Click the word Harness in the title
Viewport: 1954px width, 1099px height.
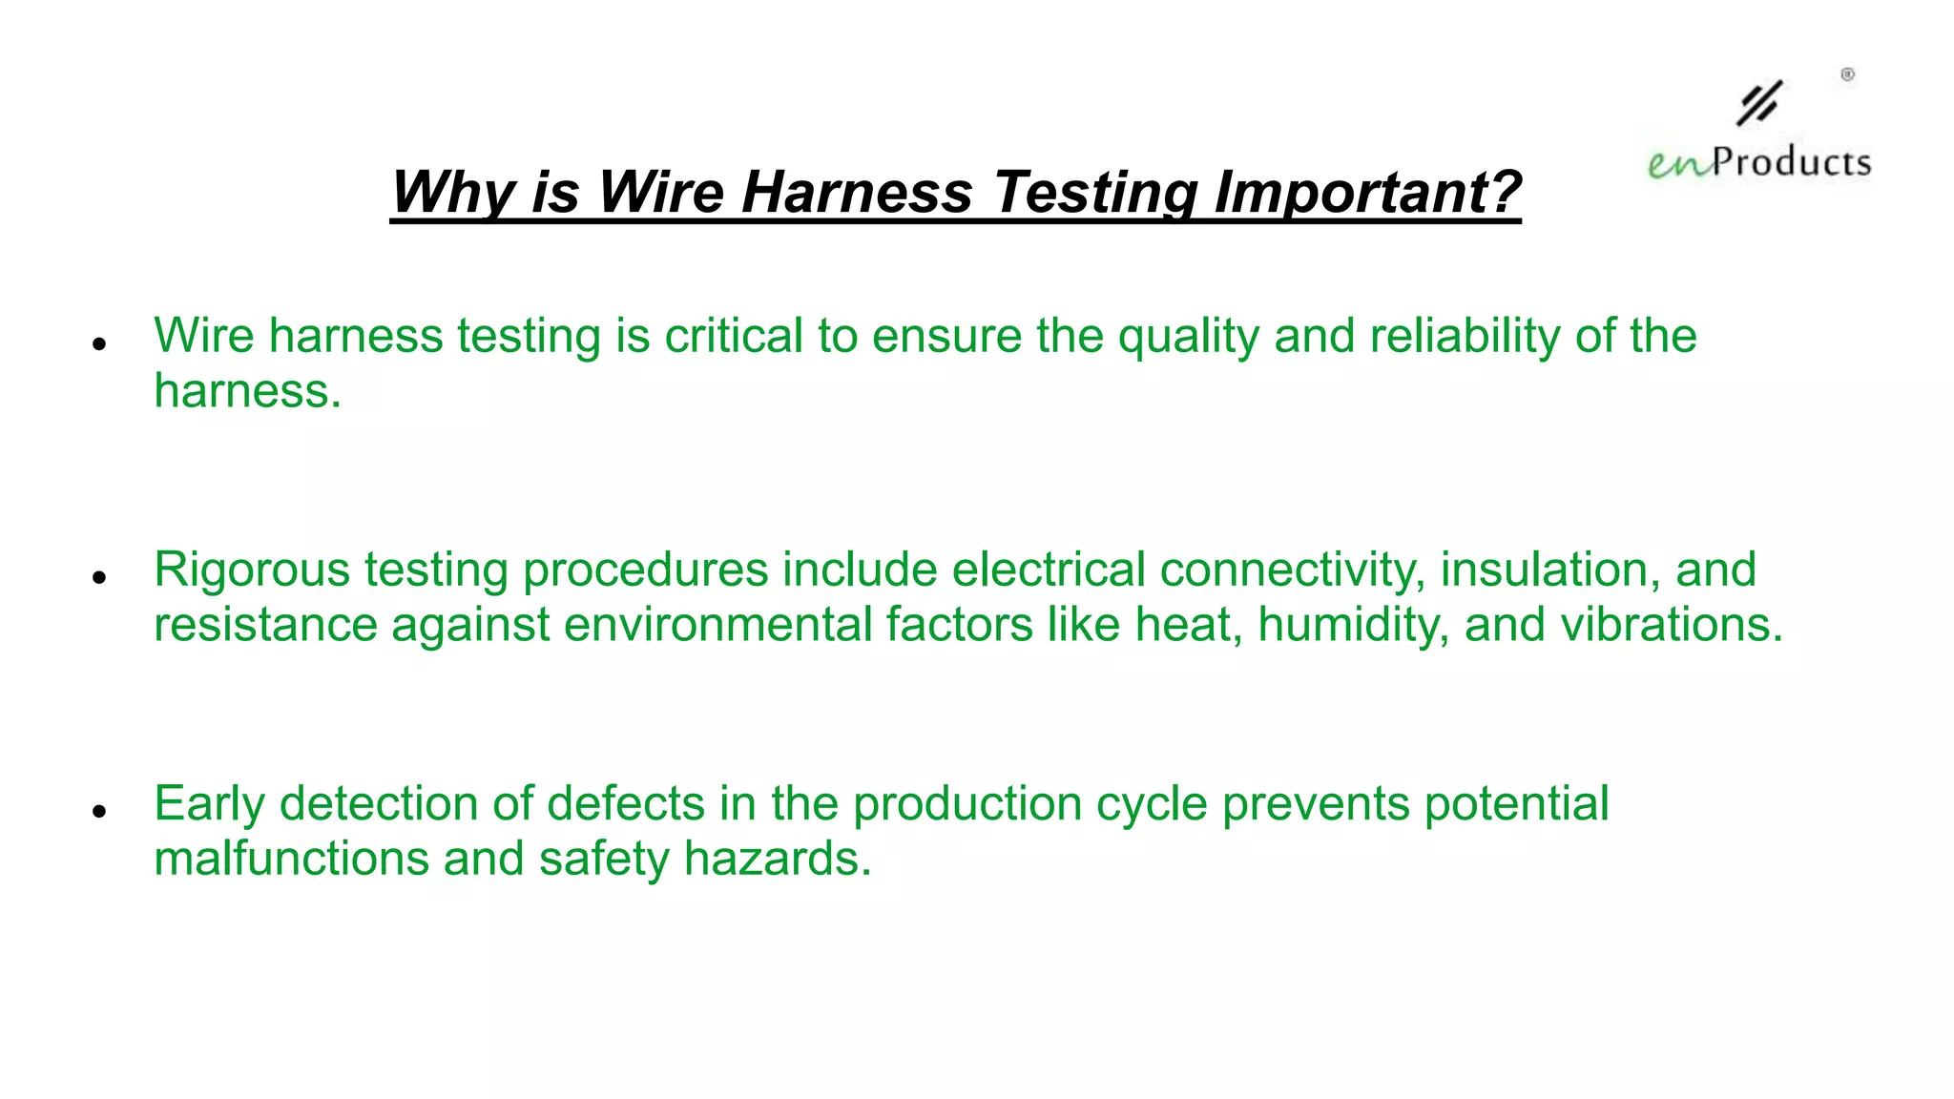pos(856,192)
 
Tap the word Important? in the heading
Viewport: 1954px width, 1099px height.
pos(1367,192)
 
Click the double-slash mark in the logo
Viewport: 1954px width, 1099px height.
pos(1758,103)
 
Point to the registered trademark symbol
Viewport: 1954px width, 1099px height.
pos(1847,74)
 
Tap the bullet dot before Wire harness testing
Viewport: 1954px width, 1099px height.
pos(98,343)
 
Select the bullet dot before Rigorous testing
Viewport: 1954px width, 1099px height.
pos(98,577)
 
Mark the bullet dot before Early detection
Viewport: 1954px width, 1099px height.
pos(98,811)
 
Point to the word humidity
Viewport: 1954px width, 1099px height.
pos(1353,625)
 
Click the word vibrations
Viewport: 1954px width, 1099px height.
pos(1672,625)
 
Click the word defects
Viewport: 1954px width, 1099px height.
pos(625,803)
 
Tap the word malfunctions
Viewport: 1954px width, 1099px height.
pos(291,859)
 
